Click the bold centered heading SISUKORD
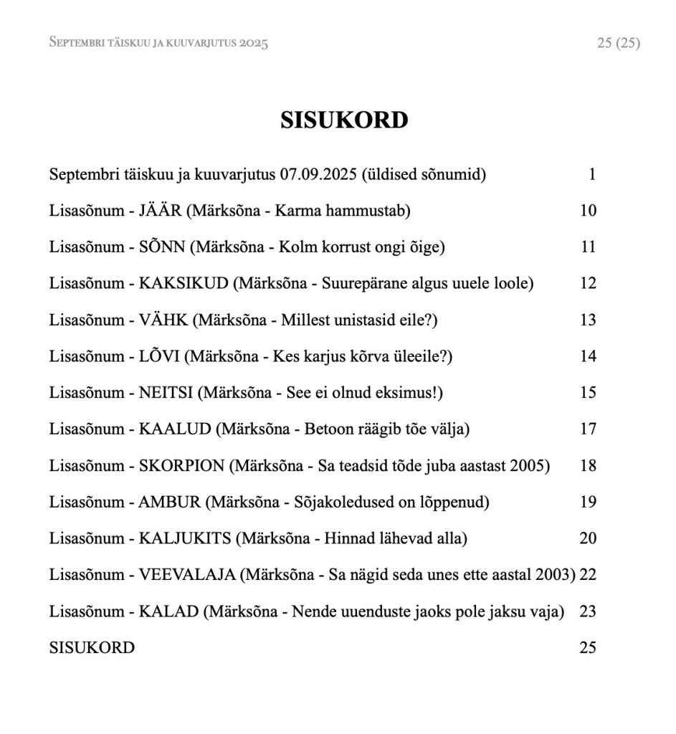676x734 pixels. [344, 120]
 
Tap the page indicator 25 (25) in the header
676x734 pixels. [618, 43]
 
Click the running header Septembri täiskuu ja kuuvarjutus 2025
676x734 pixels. [158, 43]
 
